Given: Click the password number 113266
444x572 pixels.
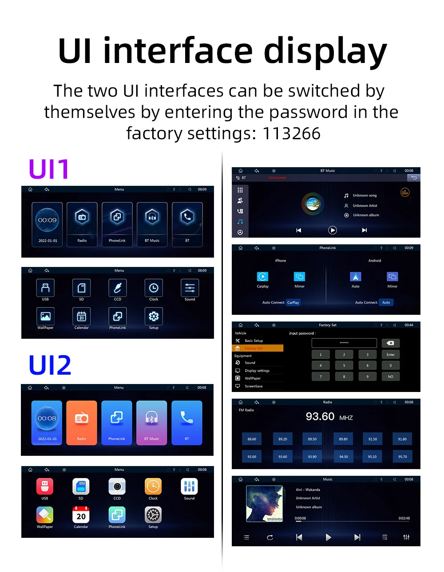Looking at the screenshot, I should [x=292, y=133].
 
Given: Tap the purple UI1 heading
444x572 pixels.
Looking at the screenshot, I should [x=49, y=169].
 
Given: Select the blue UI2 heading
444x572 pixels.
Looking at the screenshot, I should [x=50, y=365].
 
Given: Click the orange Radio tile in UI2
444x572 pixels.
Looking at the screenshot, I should [x=82, y=423].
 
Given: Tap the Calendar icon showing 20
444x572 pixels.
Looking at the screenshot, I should [x=81, y=515].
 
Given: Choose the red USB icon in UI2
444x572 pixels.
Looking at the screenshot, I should [x=45, y=486].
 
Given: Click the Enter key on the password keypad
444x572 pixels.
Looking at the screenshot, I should [x=390, y=355].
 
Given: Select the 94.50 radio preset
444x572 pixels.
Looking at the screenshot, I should [x=344, y=457].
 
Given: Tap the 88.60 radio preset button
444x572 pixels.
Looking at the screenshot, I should [x=252, y=439].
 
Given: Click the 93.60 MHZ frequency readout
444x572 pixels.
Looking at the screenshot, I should [x=329, y=417].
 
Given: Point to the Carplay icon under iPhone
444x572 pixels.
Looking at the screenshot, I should [x=262, y=277].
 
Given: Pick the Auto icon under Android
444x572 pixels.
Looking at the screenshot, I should [x=356, y=277].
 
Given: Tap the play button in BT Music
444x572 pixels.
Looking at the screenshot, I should [x=333, y=230].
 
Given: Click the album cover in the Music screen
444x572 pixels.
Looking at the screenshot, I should [x=265, y=504].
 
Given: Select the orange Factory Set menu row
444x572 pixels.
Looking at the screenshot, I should [x=258, y=349].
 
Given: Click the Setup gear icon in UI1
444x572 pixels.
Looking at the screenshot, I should [x=154, y=316].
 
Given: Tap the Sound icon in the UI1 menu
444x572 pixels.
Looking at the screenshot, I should [x=190, y=288].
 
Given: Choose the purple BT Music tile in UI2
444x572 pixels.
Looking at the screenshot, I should [x=152, y=423].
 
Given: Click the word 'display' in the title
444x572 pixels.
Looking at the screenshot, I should [x=325, y=51].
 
